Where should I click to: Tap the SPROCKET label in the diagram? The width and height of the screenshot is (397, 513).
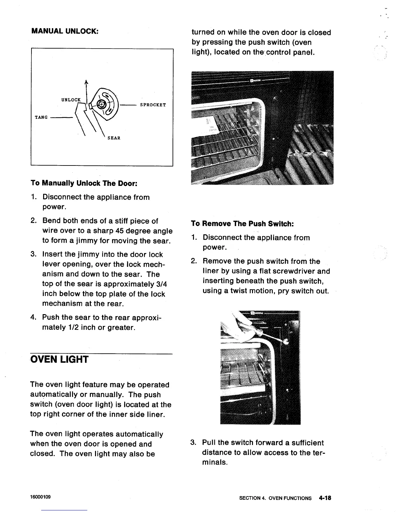tap(153, 105)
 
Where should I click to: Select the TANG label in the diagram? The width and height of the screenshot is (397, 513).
tap(41, 117)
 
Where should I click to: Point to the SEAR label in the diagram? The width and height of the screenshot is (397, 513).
tap(114, 138)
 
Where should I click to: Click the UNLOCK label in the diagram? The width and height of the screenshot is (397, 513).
tap(71, 100)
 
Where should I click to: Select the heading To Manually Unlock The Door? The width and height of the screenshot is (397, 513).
tap(84, 183)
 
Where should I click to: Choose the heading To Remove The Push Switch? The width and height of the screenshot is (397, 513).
tap(243, 223)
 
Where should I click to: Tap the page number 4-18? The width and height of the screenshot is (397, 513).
tap(324, 498)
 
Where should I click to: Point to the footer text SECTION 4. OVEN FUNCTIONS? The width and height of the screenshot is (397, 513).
tap(275, 498)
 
